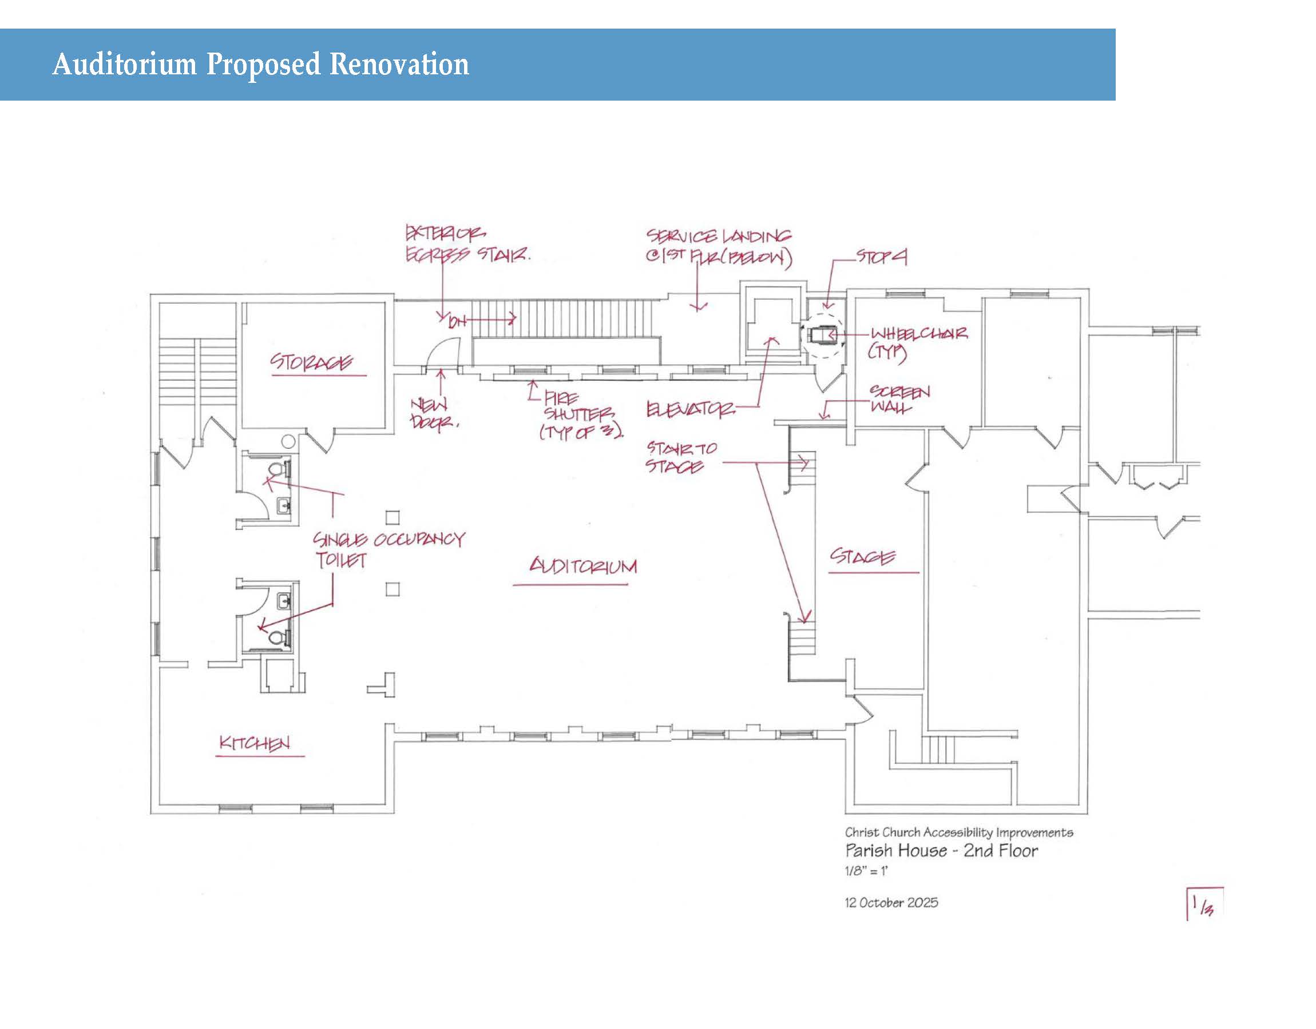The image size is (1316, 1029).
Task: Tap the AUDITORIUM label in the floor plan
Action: pyautogui.click(x=582, y=566)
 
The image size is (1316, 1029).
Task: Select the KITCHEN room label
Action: pyautogui.click(x=255, y=743)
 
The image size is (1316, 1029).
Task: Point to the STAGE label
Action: pyautogui.click(x=863, y=556)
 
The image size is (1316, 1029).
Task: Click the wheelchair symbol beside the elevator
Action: pyautogui.click(x=820, y=334)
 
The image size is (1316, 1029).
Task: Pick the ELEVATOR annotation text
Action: pyautogui.click(x=690, y=410)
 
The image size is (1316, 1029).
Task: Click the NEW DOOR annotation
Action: pyautogui.click(x=433, y=413)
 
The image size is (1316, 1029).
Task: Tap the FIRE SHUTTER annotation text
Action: pyautogui.click(x=581, y=415)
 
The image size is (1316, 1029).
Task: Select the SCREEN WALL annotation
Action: pyautogui.click(x=899, y=399)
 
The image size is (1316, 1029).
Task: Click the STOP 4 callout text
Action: pyautogui.click(x=881, y=257)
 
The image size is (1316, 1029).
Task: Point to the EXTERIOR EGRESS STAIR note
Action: pyautogui.click(x=467, y=244)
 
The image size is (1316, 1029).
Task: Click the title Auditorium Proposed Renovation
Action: pyautogui.click(x=260, y=65)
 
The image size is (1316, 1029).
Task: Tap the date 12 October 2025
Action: pyautogui.click(x=891, y=903)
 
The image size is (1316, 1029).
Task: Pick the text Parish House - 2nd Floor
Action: pyautogui.click(x=941, y=851)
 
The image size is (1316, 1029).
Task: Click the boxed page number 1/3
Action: pyautogui.click(x=1203, y=904)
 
